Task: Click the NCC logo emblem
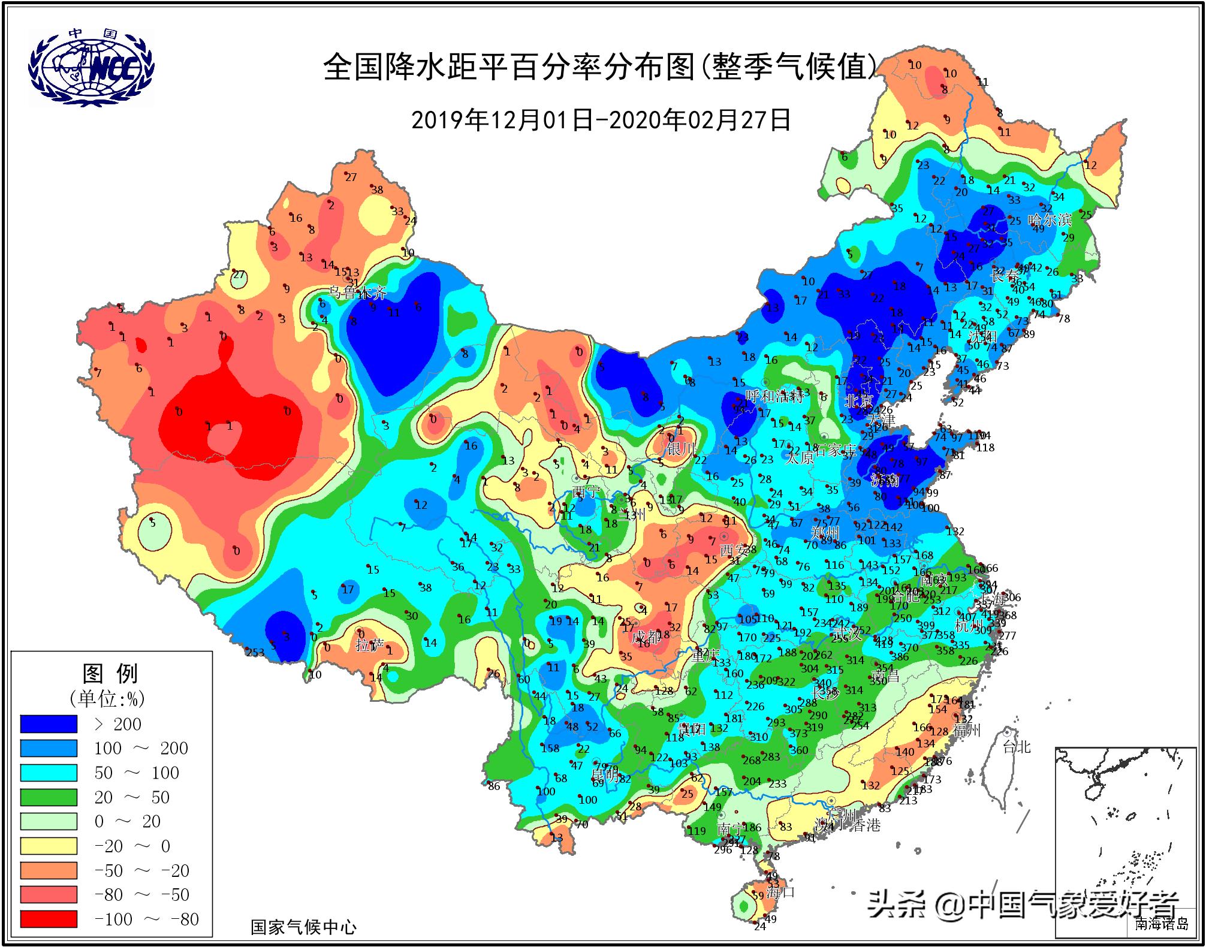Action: [91, 67]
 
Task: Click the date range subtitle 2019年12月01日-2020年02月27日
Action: [601, 120]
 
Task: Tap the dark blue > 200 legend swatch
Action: [49, 724]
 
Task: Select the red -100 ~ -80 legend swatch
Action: [49, 919]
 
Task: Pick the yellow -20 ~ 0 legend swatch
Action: [49, 846]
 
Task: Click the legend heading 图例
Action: [110, 674]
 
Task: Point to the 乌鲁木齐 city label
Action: [357, 292]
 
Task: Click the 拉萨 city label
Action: [369, 645]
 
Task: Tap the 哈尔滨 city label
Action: [1049, 220]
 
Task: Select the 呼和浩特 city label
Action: [774, 396]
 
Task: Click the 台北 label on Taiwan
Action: [1017, 746]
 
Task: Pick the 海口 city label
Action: [780, 891]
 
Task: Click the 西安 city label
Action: [734, 549]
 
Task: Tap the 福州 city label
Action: [966, 730]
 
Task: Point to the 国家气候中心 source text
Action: [303, 928]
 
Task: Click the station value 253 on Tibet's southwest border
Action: [255, 653]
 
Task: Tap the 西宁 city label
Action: [586, 491]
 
